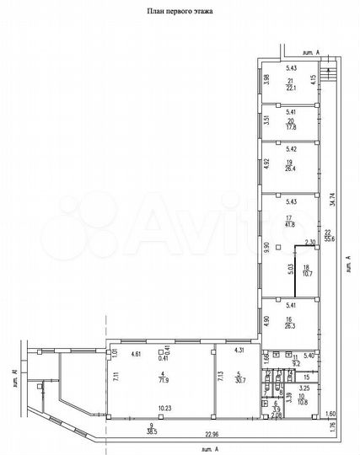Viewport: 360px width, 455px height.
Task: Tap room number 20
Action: tap(291, 120)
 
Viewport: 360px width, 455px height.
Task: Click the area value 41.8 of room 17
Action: tap(291, 225)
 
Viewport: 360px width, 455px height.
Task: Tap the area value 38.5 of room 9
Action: tap(153, 431)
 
